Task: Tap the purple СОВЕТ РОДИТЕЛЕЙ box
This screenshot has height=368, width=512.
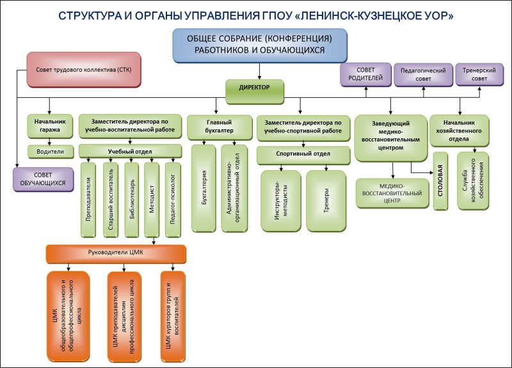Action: [365, 75]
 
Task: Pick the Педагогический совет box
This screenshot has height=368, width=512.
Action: [422, 75]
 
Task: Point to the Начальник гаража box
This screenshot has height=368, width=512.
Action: [45, 125]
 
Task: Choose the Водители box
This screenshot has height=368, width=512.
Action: [45, 152]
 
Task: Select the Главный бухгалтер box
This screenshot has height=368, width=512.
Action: [218, 125]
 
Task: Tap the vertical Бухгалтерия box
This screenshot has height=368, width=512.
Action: [204, 188]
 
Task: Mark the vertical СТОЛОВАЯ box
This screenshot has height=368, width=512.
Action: [440, 180]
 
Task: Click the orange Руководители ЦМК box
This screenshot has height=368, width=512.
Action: [115, 253]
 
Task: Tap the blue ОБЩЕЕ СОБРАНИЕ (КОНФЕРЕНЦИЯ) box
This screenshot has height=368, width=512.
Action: [259, 45]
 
